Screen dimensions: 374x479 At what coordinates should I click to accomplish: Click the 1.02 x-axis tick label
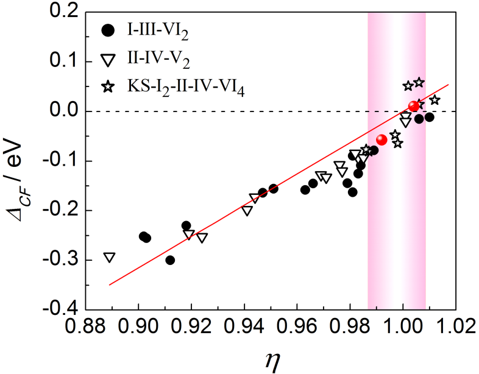tap(455, 329)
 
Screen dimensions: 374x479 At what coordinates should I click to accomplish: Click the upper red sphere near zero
tap(414, 107)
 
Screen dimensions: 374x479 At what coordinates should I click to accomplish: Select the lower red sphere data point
tap(382, 139)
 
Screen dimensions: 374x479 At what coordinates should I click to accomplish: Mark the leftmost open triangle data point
tap(110, 258)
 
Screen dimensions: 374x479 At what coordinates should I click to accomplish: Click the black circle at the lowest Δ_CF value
tap(170, 260)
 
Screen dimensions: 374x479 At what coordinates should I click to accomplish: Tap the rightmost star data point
tap(435, 100)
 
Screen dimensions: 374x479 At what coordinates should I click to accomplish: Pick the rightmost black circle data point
tap(429, 117)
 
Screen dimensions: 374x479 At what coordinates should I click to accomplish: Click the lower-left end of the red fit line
tap(110, 284)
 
